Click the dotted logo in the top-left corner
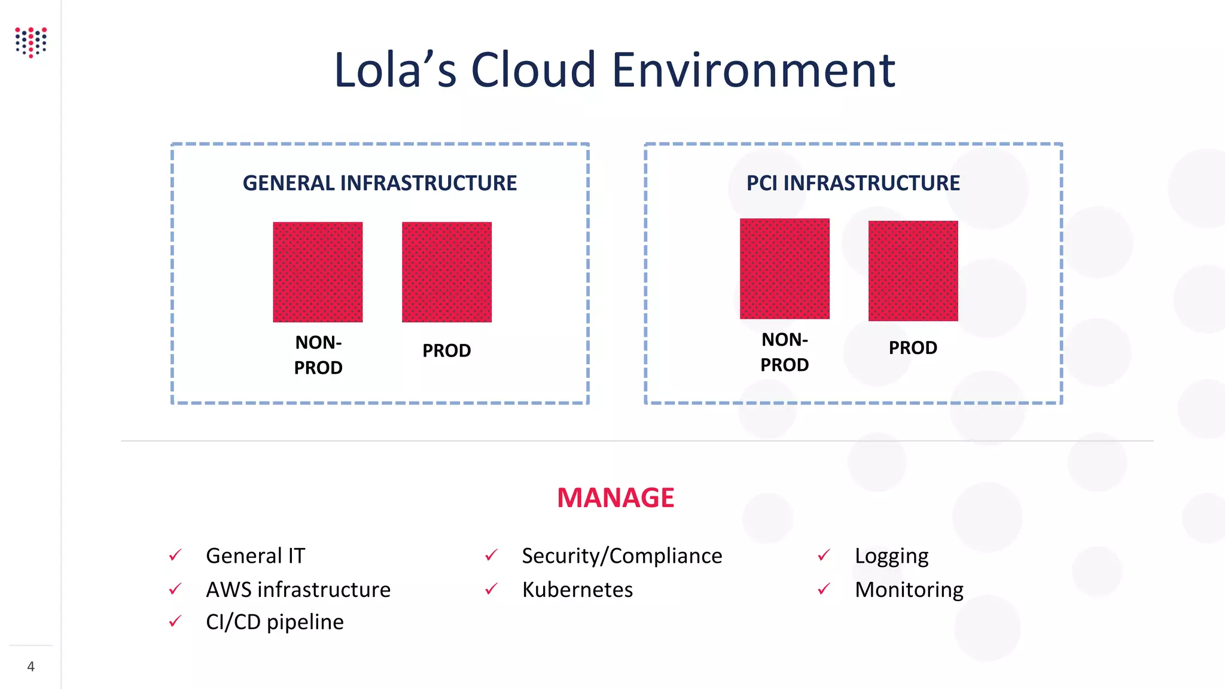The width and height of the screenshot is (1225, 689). tap(31, 42)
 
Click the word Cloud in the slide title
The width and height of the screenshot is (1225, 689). tap(534, 70)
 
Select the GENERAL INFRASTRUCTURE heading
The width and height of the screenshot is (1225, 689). tap(380, 183)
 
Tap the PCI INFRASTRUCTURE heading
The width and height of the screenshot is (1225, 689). tap(853, 183)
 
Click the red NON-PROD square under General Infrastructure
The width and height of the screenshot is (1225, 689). tap(318, 272)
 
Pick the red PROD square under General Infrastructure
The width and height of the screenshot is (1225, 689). tap(447, 272)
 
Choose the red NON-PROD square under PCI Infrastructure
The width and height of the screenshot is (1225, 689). tap(785, 269)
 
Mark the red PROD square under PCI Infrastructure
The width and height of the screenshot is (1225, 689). tap(913, 271)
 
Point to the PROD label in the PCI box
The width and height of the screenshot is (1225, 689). tap(913, 348)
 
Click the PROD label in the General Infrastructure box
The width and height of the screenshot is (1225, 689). tap(447, 351)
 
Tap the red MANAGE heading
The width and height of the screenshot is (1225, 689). tap(615, 498)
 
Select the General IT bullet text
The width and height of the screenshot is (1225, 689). tap(255, 556)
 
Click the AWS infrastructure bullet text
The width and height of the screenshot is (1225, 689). tap(298, 590)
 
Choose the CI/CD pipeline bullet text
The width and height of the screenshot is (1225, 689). tap(275, 622)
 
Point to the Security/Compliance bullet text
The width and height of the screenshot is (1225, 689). tap(622, 556)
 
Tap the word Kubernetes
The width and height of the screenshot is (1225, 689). tap(577, 590)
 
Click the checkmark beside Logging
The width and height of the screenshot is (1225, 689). tap(824, 556)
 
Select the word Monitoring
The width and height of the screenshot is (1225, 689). tap(909, 590)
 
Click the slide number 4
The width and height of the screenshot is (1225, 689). tap(31, 667)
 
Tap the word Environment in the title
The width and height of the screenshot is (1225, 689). tap(753, 70)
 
